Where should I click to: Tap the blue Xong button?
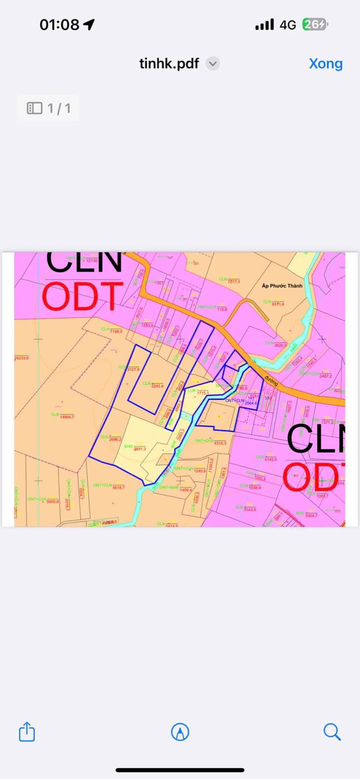(x=325, y=64)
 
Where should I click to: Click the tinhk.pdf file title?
(x=169, y=64)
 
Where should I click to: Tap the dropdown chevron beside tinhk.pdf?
(x=213, y=64)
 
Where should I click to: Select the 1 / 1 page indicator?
(x=48, y=108)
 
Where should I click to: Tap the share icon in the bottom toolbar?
(x=27, y=732)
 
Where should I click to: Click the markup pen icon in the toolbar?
(x=180, y=732)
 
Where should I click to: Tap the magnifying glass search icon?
(x=332, y=732)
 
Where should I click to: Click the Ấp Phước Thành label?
(x=282, y=285)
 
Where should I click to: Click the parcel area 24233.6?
(x=21, y=358)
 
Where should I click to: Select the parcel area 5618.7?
(x=118, y=487)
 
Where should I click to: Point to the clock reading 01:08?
(x=59, y=24)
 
